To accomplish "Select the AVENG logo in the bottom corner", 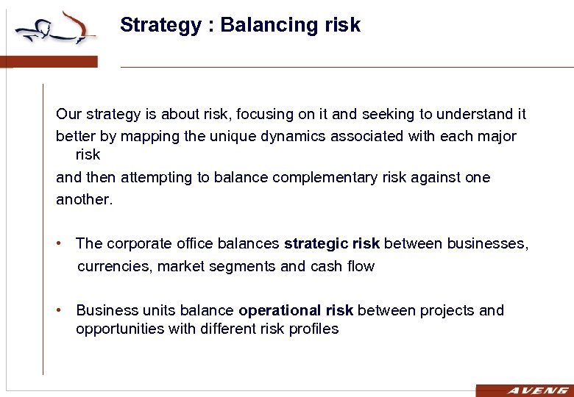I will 525,390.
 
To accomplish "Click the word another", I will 85,200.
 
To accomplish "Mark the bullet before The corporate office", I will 60,243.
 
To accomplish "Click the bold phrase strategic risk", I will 331,243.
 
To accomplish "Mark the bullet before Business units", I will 60,310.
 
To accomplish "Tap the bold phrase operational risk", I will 296,310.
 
